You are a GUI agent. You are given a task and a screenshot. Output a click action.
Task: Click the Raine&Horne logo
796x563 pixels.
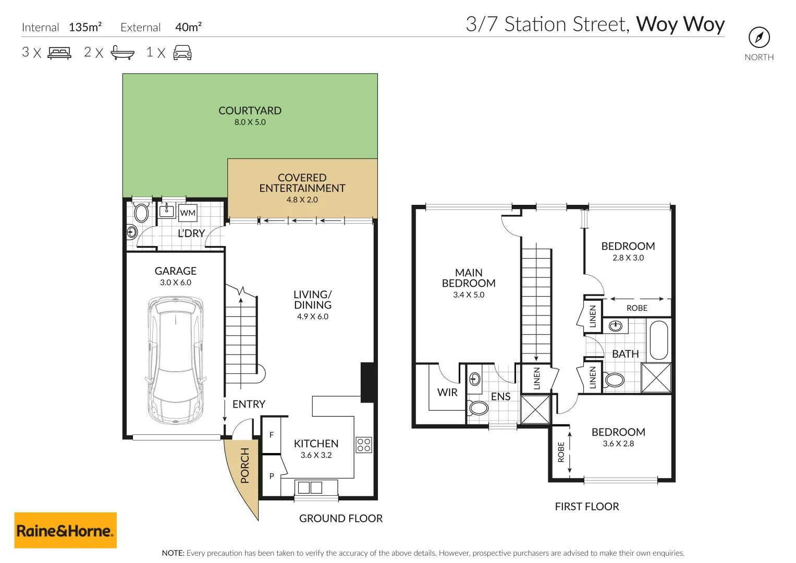[65, 531]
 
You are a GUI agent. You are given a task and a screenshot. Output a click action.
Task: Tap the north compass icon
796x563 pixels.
[759, 38]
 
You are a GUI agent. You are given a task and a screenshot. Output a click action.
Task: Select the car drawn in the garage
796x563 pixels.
[175, 360]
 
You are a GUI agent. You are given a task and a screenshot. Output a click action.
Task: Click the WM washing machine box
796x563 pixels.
[188, 213]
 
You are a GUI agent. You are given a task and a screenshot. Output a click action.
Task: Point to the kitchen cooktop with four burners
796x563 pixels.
[364, 445]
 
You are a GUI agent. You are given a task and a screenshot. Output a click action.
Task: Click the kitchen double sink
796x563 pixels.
[310, 488]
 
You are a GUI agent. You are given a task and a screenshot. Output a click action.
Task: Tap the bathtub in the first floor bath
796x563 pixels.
[659, 340]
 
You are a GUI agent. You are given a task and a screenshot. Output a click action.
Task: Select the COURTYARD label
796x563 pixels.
[250, 111]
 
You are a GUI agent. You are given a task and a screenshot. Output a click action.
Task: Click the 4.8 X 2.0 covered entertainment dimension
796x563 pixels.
[302, 200]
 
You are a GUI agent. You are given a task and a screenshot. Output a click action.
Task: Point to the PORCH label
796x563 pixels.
[244, 466]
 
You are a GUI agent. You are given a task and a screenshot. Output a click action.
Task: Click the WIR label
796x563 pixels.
[447, 393]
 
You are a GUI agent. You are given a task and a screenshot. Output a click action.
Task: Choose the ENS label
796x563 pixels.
[500, 397]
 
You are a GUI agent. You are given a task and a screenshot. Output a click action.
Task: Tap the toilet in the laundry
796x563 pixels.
[141, 213]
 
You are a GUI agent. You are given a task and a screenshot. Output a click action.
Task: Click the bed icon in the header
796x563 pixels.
[59, 53]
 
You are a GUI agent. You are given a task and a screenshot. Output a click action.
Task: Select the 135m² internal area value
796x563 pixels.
[85, 27]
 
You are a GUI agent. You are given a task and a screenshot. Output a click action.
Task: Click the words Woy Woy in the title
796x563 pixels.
[680, 25]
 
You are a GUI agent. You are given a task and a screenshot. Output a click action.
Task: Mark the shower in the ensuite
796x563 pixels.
[535, 409]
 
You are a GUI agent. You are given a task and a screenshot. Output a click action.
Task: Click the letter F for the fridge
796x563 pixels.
[272, 435]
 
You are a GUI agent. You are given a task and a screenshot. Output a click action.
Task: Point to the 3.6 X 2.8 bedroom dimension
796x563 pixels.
[618, 444]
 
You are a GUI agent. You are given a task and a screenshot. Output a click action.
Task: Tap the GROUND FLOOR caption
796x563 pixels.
[340, 518]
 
